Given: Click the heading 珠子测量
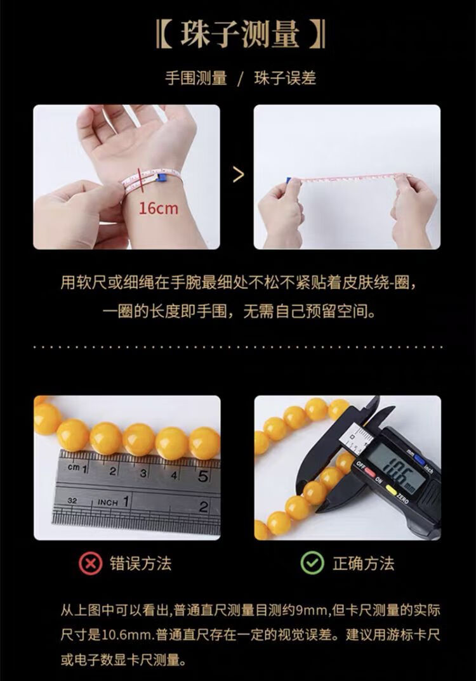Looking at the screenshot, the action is (x=240, y=34).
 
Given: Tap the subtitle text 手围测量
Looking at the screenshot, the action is (x=196, y=79).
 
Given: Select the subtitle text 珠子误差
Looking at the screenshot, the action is (x=285, y=79).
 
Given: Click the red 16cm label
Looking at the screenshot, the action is (x=159, y=209).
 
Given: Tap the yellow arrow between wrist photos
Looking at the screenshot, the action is (x=238, y=175).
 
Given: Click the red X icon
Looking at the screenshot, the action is (x=90, y=563).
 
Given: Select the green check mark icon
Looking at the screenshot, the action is (x=312, y=563).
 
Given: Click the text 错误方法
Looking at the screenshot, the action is (x=141, y=563).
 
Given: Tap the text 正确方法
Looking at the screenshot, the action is (x=364, y=563).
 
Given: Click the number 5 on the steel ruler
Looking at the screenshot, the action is (x=204, y=476).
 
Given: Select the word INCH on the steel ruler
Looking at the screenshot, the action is (x=108, y=502).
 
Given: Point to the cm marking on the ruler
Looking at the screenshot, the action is (x=74, y=467).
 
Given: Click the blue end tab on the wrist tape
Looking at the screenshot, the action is (x=161, y=177).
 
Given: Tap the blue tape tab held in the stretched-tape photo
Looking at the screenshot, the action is (x=289, y=180).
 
